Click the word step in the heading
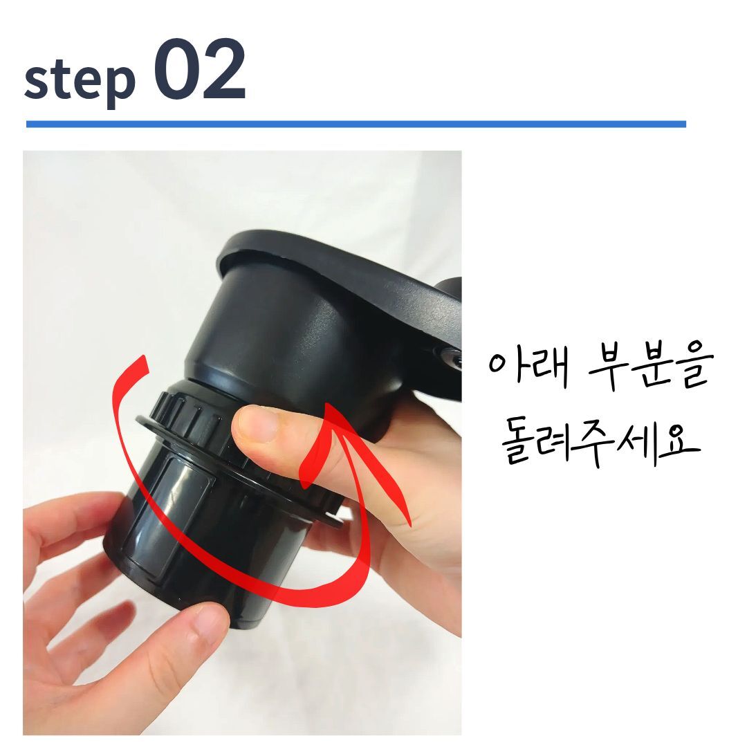click(80, 80)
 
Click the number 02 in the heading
click(200, 70)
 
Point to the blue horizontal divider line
click(356, 124)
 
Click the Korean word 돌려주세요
click(600, 441)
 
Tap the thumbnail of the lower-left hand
click(208, 622)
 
